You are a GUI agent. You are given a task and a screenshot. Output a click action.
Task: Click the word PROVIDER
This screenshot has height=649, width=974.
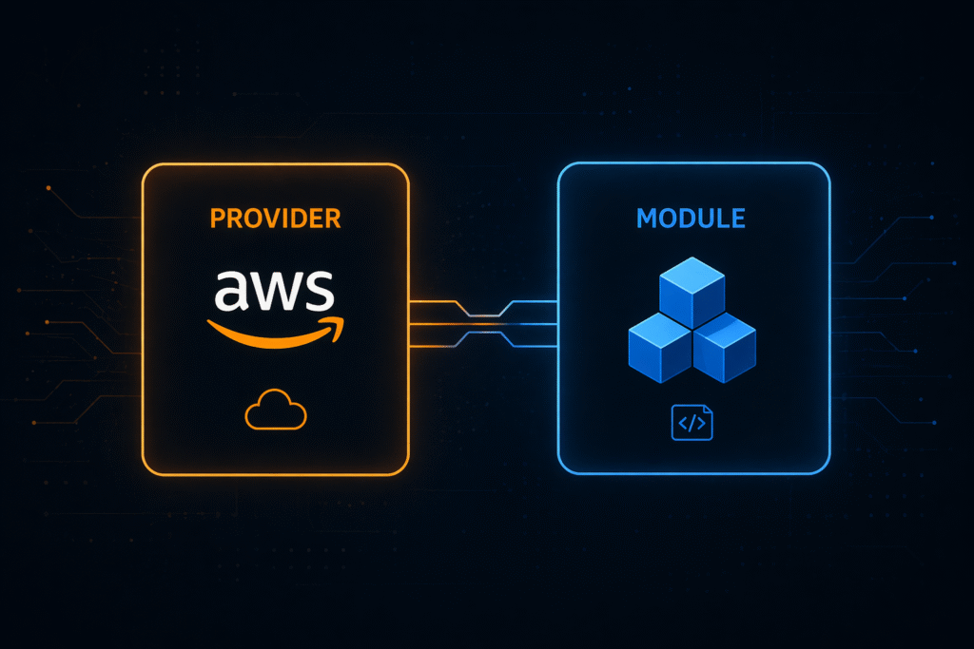[x=275, y=219]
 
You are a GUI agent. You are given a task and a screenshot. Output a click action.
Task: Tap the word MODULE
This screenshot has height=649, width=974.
[x=691, y=218]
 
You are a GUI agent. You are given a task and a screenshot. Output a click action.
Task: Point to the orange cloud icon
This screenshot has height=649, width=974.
[x=276, y=413]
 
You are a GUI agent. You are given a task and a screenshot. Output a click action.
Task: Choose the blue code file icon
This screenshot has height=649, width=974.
[x=692, y=424]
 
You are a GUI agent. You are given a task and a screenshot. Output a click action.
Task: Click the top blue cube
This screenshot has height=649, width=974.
[x=692, y=293]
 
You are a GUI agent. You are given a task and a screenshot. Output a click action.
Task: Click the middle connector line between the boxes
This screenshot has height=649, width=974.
[x=482, y=324]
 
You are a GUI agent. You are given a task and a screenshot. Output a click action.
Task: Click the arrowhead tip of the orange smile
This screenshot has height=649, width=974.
[x=341, y=323]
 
